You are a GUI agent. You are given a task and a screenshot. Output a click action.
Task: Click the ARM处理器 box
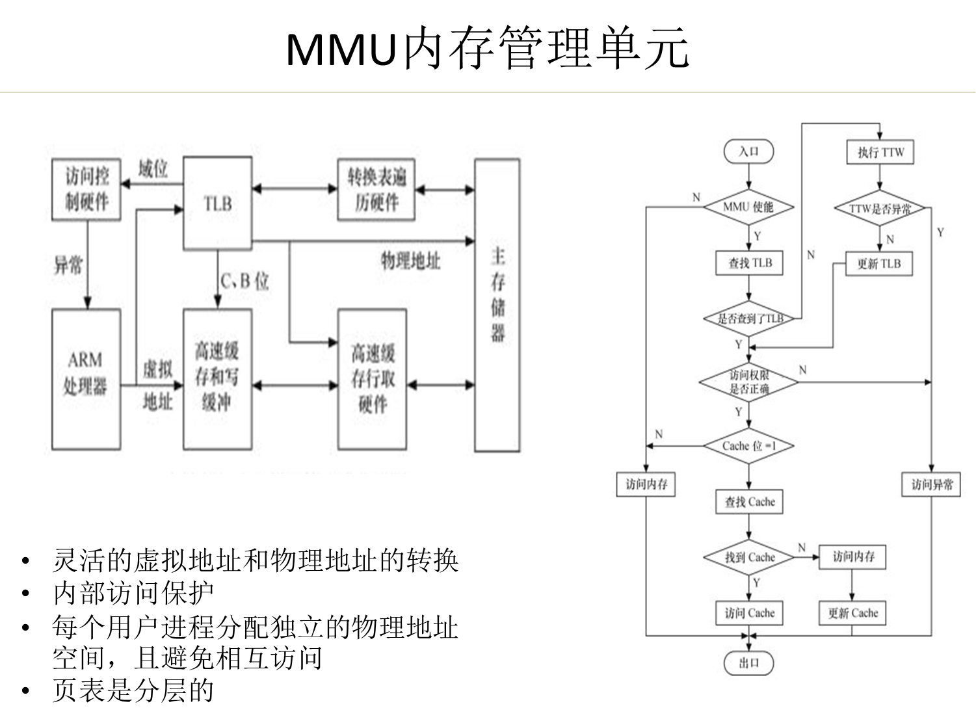click(86, 379)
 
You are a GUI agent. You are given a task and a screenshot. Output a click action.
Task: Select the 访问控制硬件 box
click(86, 189)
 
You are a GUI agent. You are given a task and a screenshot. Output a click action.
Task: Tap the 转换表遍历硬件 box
click(376, 189)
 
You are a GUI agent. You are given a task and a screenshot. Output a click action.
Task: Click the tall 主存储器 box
click(497, 305)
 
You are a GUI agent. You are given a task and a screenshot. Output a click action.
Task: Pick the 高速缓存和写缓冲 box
click(217, 379)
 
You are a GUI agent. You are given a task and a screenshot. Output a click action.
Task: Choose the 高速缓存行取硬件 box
click(373, 379)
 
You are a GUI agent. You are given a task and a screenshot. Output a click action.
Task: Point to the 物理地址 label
click(410, 261)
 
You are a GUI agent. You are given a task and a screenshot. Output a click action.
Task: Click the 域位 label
click(153, 170)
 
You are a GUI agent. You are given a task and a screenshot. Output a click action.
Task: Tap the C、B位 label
click(244, 282)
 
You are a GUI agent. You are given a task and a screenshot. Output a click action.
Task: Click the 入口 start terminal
click(749, 151)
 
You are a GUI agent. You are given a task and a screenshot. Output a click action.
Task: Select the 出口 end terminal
click(749, 662)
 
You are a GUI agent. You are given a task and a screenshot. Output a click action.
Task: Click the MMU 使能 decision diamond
click(749, 207)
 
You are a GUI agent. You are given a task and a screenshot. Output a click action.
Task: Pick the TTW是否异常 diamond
click(880, 209)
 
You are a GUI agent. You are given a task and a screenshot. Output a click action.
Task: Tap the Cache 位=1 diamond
click(749, 446)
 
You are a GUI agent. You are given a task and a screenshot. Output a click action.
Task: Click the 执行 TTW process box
click(880, 153)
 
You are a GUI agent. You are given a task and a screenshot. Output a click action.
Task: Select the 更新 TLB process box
click(879, 264)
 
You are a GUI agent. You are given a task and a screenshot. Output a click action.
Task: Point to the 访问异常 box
click(932, 484)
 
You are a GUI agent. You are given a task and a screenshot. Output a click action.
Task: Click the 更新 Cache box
click(852, 613)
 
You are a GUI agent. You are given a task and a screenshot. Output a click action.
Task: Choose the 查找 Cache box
click(750, 502)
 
